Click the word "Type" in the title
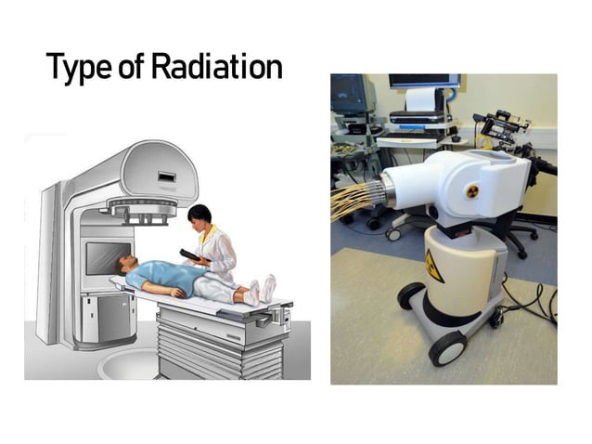(x=76, y=68)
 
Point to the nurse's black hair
(x=199, y=214)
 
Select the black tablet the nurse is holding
(x=190, y=254)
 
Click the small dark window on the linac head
(x=166, y=176)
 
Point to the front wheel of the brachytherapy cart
(x=446, y=348)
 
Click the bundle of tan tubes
(x=354, y=200)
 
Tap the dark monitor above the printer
(x=423, y=81)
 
